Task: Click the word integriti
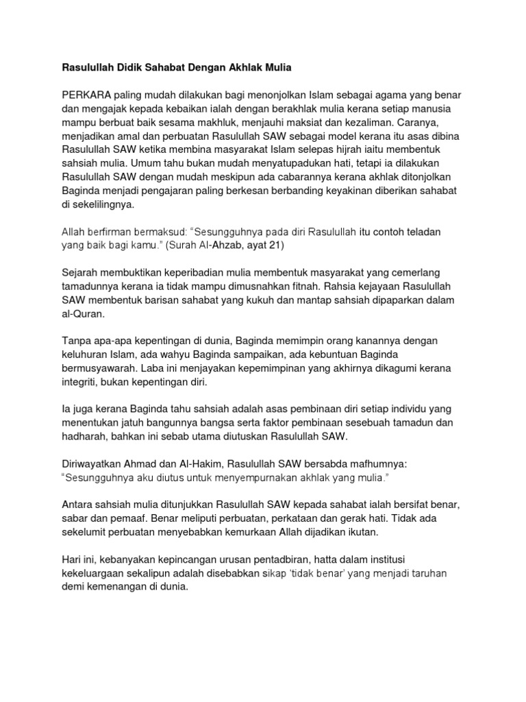82,383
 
